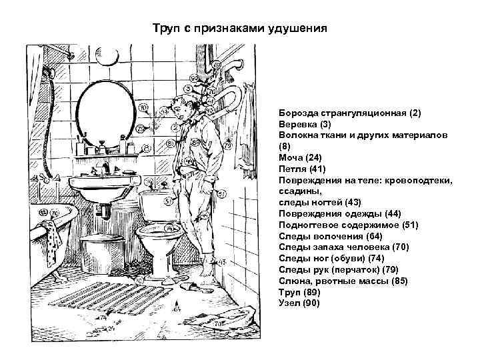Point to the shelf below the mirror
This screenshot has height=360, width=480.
pyautogui.click(x=107, y=155)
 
